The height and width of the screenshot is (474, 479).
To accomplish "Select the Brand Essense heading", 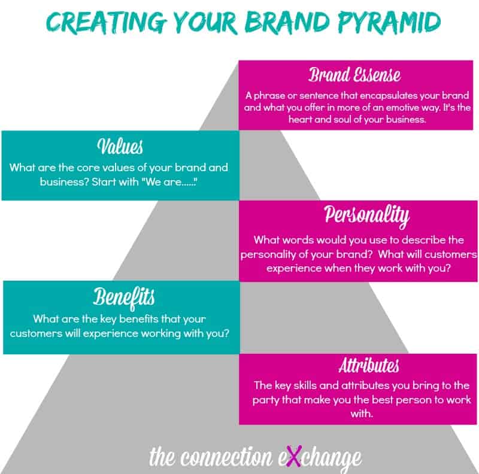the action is pyautogui.click(x=354, y=75).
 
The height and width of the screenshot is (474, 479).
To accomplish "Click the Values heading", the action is pyautogui.click(x=120, y=146).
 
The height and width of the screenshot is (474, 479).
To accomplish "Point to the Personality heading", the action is pyautogui.click(x=366, y=215).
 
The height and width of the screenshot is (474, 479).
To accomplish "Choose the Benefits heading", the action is pyautogui.click(x=124, y=297).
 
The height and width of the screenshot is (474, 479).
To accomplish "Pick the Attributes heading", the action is pyautogui.click(x=369, y=365).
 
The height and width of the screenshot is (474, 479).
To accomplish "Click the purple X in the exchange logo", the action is pyautogui.click(x=294, y=456).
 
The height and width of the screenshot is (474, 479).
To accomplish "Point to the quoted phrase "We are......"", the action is pyautogui.click(x=169, y=182).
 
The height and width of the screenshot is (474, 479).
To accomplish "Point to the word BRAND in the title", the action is pyautogui.click(x=287, y=22).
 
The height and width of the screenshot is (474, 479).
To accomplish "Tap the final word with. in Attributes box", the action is pyautogui.click(x=362, y=414).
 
